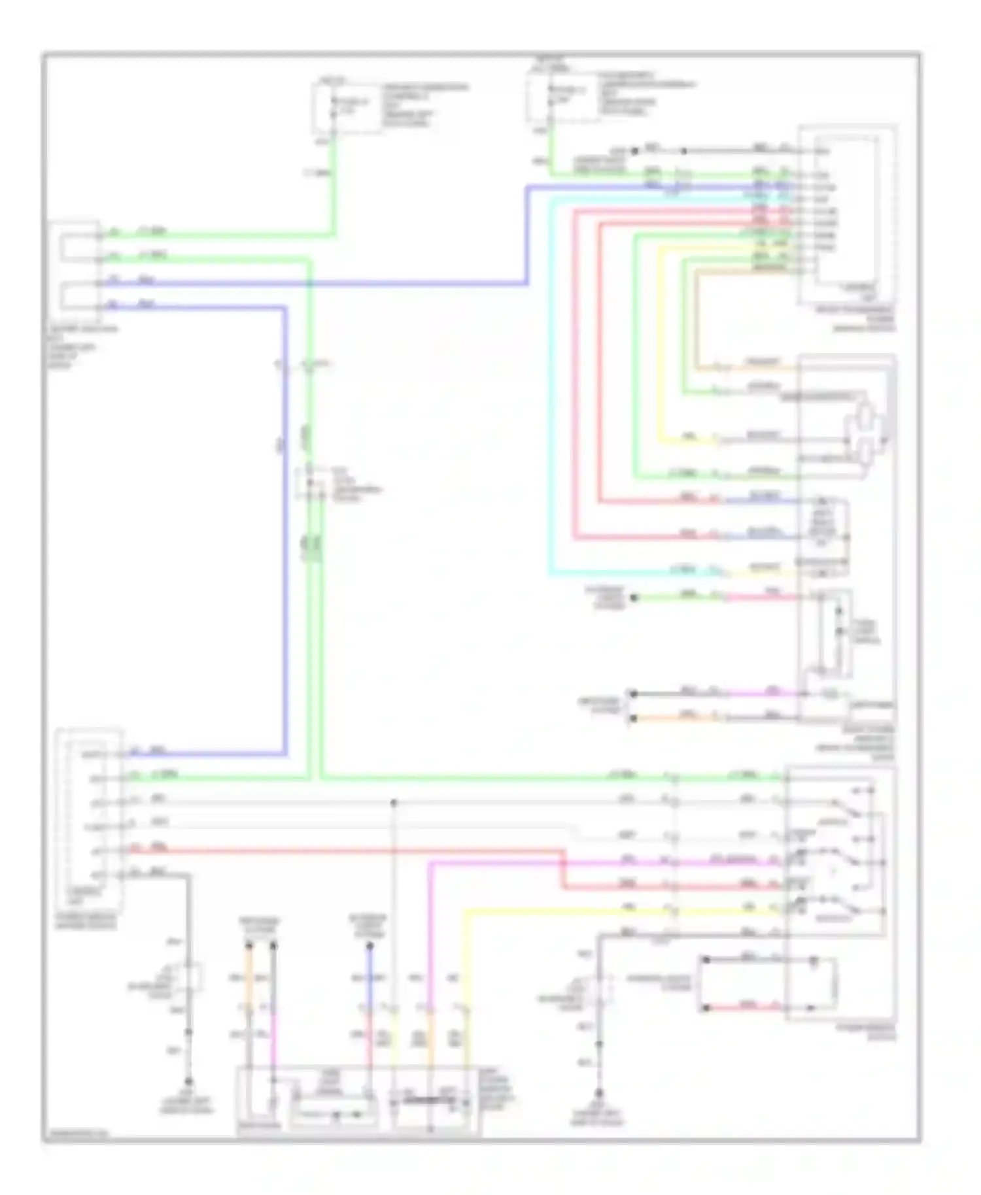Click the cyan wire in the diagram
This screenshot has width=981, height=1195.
(549, 392)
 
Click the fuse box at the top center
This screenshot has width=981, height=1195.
(347, 107)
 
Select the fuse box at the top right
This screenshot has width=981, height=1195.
(562, 98)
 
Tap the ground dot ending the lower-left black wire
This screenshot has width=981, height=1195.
(189, 1082)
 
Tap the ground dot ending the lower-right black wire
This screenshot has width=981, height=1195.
(598, 1093)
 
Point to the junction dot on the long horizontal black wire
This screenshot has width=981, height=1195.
(393, 802)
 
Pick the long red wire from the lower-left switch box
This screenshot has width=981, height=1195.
(340, 850)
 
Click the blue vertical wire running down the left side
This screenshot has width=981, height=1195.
(285, 523)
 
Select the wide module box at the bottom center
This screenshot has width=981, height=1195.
(357, 1102)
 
